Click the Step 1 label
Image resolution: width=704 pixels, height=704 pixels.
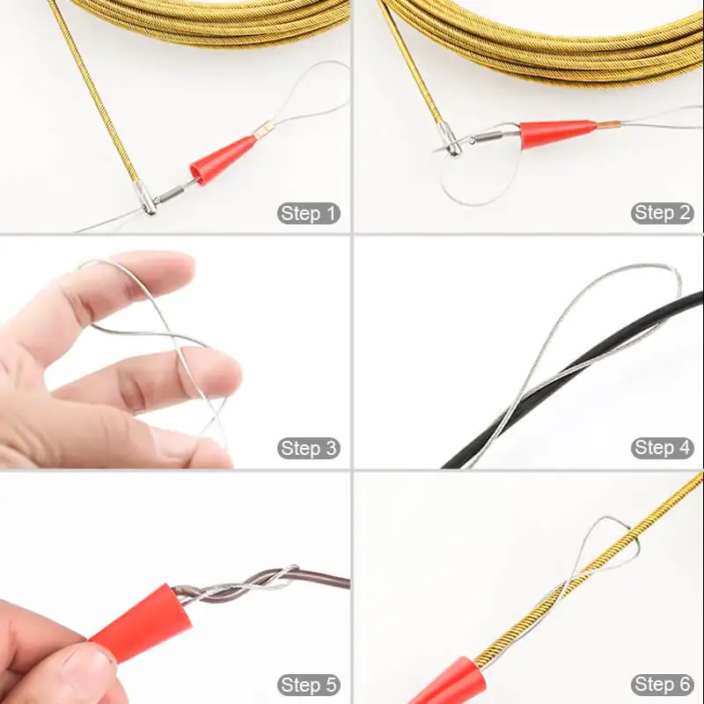point(309,213)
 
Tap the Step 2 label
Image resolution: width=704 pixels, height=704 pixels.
point(663,213)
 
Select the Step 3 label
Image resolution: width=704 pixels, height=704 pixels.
point(309,449)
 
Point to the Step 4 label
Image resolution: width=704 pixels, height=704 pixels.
point(663,449)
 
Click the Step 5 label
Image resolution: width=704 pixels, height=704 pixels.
point(309,685)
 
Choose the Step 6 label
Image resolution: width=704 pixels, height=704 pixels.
point(663,685)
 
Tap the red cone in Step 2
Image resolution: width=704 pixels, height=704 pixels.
point(556,133)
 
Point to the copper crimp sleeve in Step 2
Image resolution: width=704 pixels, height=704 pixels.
point(607,125)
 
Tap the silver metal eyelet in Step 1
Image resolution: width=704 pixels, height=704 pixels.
point(144,197)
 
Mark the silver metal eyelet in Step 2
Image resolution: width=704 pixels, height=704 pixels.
point(449,139)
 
